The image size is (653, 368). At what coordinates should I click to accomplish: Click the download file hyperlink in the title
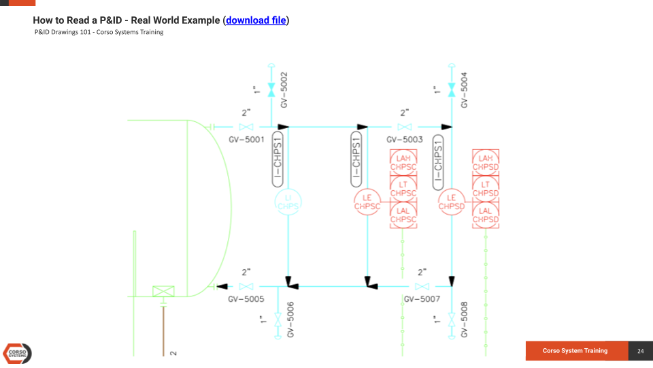(256, 20)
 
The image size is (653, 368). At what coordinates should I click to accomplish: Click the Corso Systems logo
(18, 353)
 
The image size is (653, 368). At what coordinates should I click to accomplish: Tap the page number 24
(640, 351)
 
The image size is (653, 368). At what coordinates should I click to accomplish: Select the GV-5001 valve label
(246, 139)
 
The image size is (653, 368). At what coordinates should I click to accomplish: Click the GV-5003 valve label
(404, 139)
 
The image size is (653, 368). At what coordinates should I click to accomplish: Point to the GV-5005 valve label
(246, 298)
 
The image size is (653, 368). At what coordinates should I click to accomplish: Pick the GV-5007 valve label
(422, 298)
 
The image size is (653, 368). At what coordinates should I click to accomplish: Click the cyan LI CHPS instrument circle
(288, 202)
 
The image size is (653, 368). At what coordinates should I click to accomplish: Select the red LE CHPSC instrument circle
(367, 202)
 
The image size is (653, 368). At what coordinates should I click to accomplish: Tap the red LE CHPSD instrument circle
(452, 202)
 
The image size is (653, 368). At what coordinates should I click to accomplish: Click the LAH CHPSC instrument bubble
(403, 162)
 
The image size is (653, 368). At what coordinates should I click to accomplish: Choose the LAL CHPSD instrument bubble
(486, 215)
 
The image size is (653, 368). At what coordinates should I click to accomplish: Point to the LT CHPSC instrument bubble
(403, 188)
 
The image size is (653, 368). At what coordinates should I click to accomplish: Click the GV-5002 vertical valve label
(284, 89)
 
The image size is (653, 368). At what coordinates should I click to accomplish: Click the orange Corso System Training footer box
(575, 351)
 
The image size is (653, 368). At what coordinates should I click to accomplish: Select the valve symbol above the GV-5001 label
(246, 127)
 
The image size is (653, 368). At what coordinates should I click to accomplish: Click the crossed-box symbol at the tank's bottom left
(163, 291)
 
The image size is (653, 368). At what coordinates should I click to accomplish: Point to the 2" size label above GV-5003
(404, 113)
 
